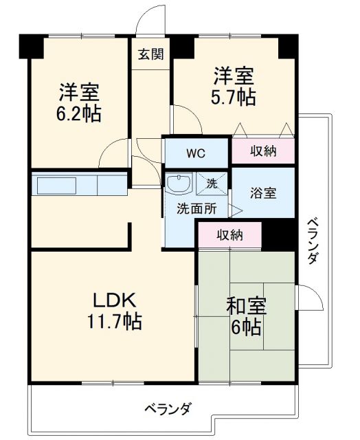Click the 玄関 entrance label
pyautogui.click(x=150, y=55)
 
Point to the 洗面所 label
pyautogui.click(x=194, y=209)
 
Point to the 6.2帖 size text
pyautogui.click(x=78, y=113)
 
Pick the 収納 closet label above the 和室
pyautogui.click(x=230, y=235)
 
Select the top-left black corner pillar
pyautogui.click(x=30, y=45)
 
